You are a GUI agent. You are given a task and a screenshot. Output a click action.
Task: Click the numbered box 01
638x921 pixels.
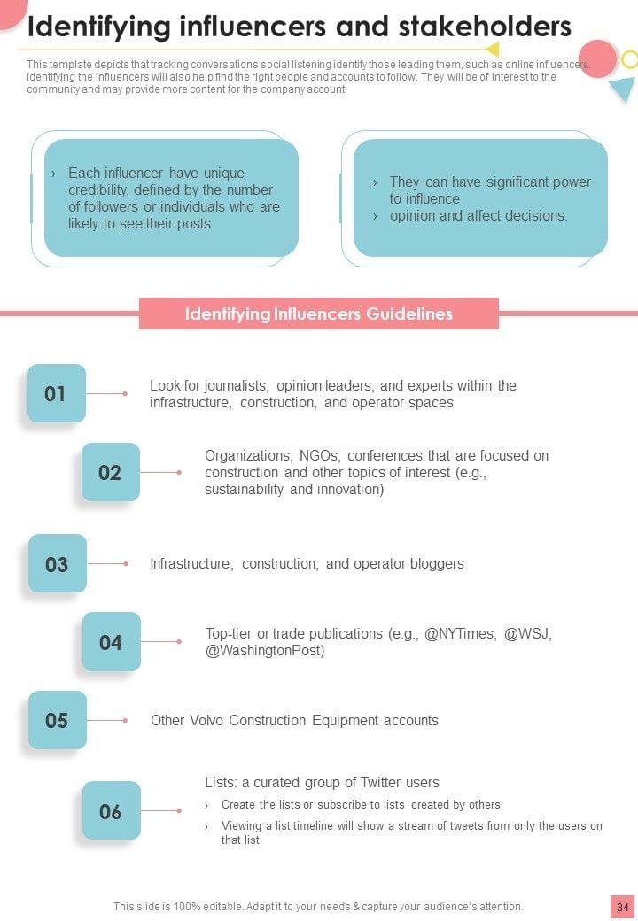pyautogui.click(x=57, y=393)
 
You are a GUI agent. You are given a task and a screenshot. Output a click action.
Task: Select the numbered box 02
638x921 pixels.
pyautogui.click(x=111, y=472)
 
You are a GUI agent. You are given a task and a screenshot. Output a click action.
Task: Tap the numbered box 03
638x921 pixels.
pyautogui.click(x=58, y=564)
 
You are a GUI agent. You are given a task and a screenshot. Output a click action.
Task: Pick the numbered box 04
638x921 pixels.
pyautogui.click(x=112, y=642)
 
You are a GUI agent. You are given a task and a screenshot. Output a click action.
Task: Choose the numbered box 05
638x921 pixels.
pyautogui.click(x=58, y=720)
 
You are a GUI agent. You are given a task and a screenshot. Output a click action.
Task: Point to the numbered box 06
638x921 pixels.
pyautogui.click(x=112, y=811)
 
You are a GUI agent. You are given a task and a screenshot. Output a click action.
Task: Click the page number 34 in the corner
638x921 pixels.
pyautogui.click(x=623, y=907)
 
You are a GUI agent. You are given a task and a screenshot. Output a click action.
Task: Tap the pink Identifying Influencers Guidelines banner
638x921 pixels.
pyautogui.click(x=319, y=313)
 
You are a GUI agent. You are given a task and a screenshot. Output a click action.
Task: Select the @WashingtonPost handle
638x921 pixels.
pyautogui.click(x=265, y=651)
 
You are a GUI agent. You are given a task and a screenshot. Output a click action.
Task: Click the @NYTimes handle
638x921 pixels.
pyautogui.click(x=460, y=634)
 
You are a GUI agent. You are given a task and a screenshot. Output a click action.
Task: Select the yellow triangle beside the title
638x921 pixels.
pyautogui.click(x=492, y=50)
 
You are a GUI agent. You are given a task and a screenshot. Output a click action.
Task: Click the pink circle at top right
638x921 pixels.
pyautogui.click(x=597, y=58)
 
